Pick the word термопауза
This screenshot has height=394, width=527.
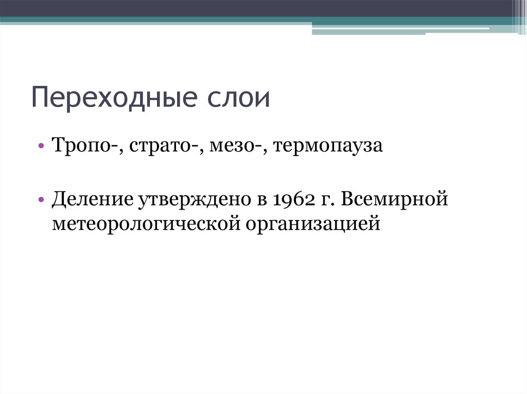tap(328, 146)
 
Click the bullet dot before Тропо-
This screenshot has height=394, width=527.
tap(41, 147)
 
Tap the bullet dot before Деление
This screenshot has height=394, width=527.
tap(41, 199)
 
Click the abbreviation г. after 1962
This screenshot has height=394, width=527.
tap(326, 199)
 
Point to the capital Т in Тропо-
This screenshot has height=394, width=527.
tap(57, 146)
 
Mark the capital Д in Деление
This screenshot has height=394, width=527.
tap(58, 198)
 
